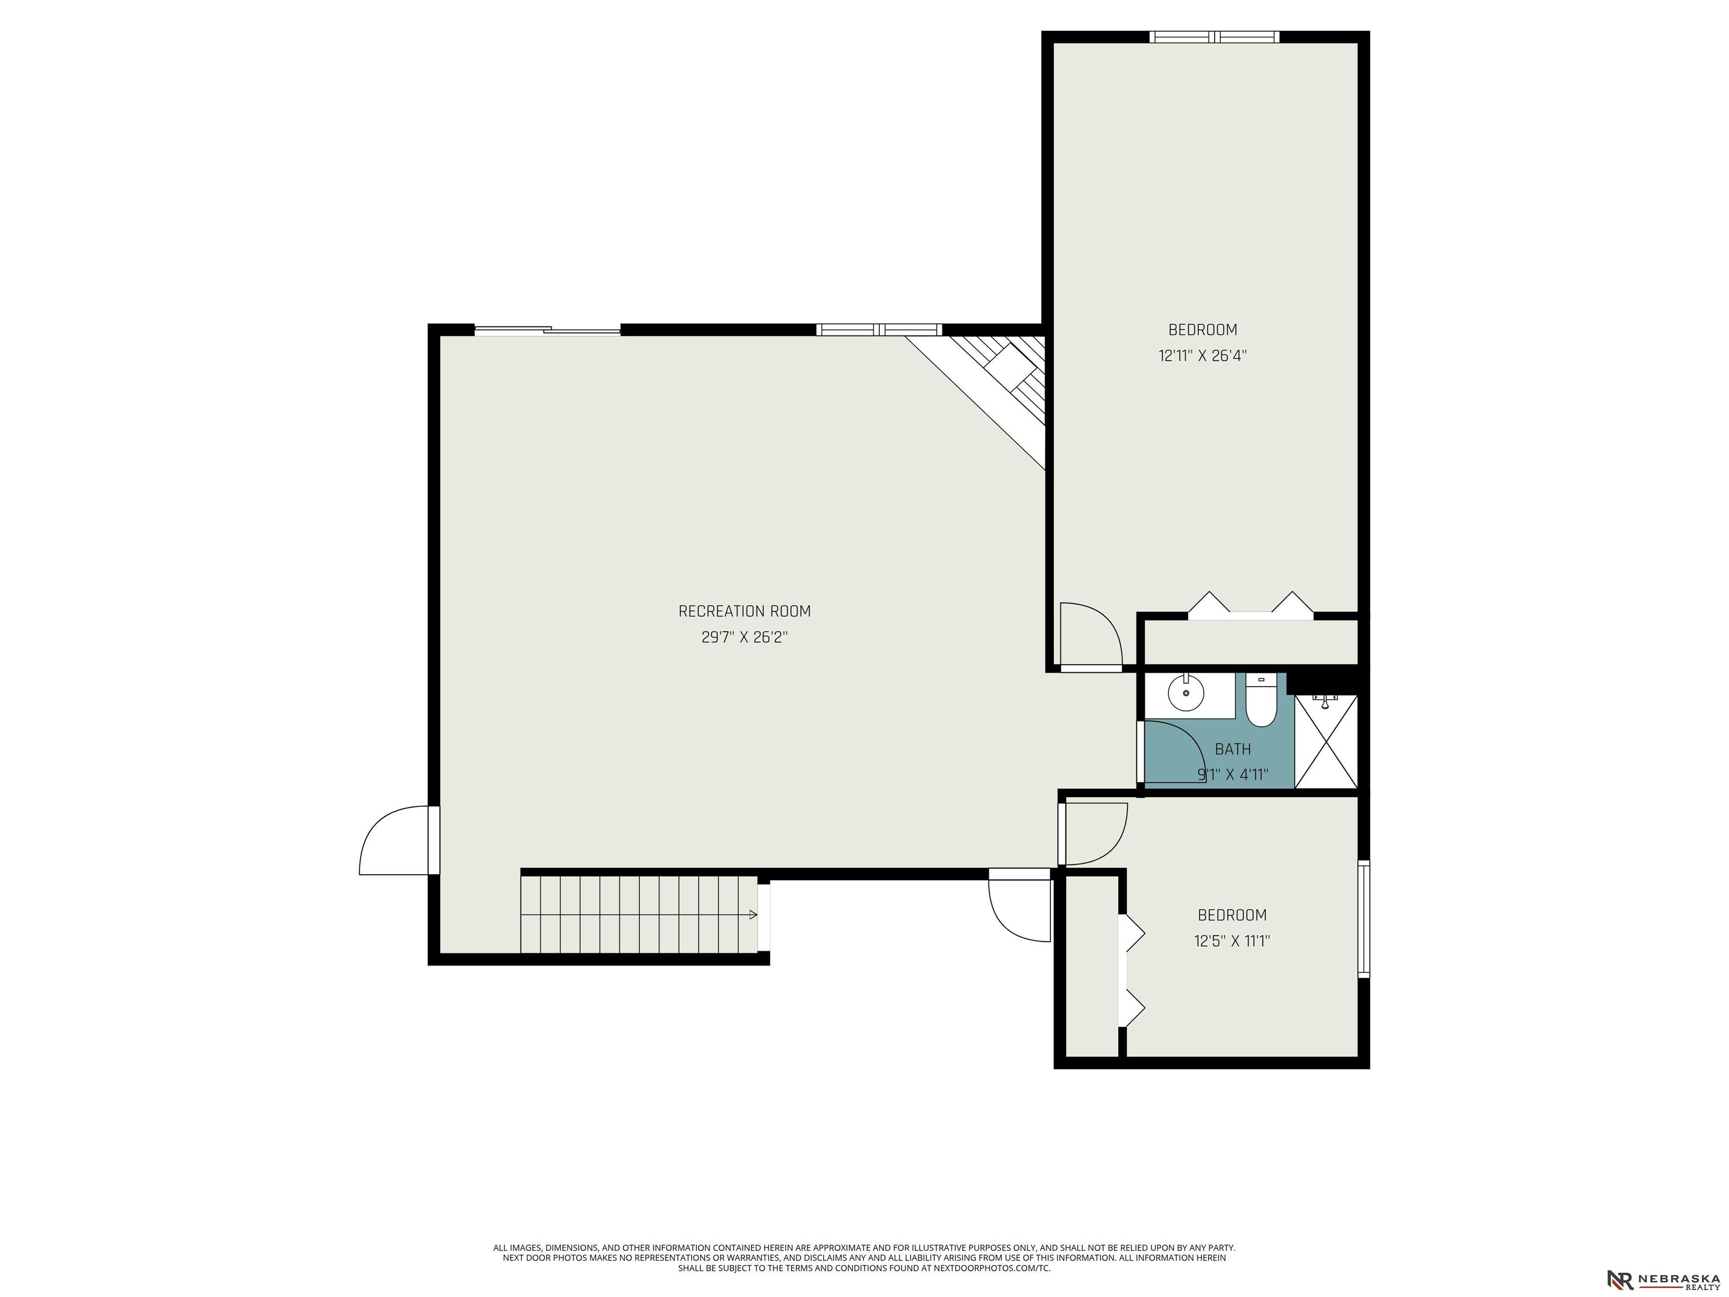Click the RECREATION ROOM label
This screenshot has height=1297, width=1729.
tap(744, 611)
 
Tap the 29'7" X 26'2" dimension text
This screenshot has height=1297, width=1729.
tap(744, 637)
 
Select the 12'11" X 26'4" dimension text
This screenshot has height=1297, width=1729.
tap(1202, 356)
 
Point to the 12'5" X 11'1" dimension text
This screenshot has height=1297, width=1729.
tap(1232, 941)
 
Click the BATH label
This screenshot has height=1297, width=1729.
tap(1233, 749)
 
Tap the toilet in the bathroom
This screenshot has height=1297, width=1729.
tap(1260, 700)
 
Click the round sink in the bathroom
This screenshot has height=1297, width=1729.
tap(1186, 692)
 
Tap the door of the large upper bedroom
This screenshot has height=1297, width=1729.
tap(1090, 636)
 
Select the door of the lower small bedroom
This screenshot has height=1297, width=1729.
tap(1094, 833)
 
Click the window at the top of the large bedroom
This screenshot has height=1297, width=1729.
tap(1214, 37)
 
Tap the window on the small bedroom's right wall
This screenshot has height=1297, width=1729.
tap(1363, 919)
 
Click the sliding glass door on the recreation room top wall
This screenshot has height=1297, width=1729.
tap(547, 330)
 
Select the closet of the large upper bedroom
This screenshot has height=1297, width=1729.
tap(1251, 641)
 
